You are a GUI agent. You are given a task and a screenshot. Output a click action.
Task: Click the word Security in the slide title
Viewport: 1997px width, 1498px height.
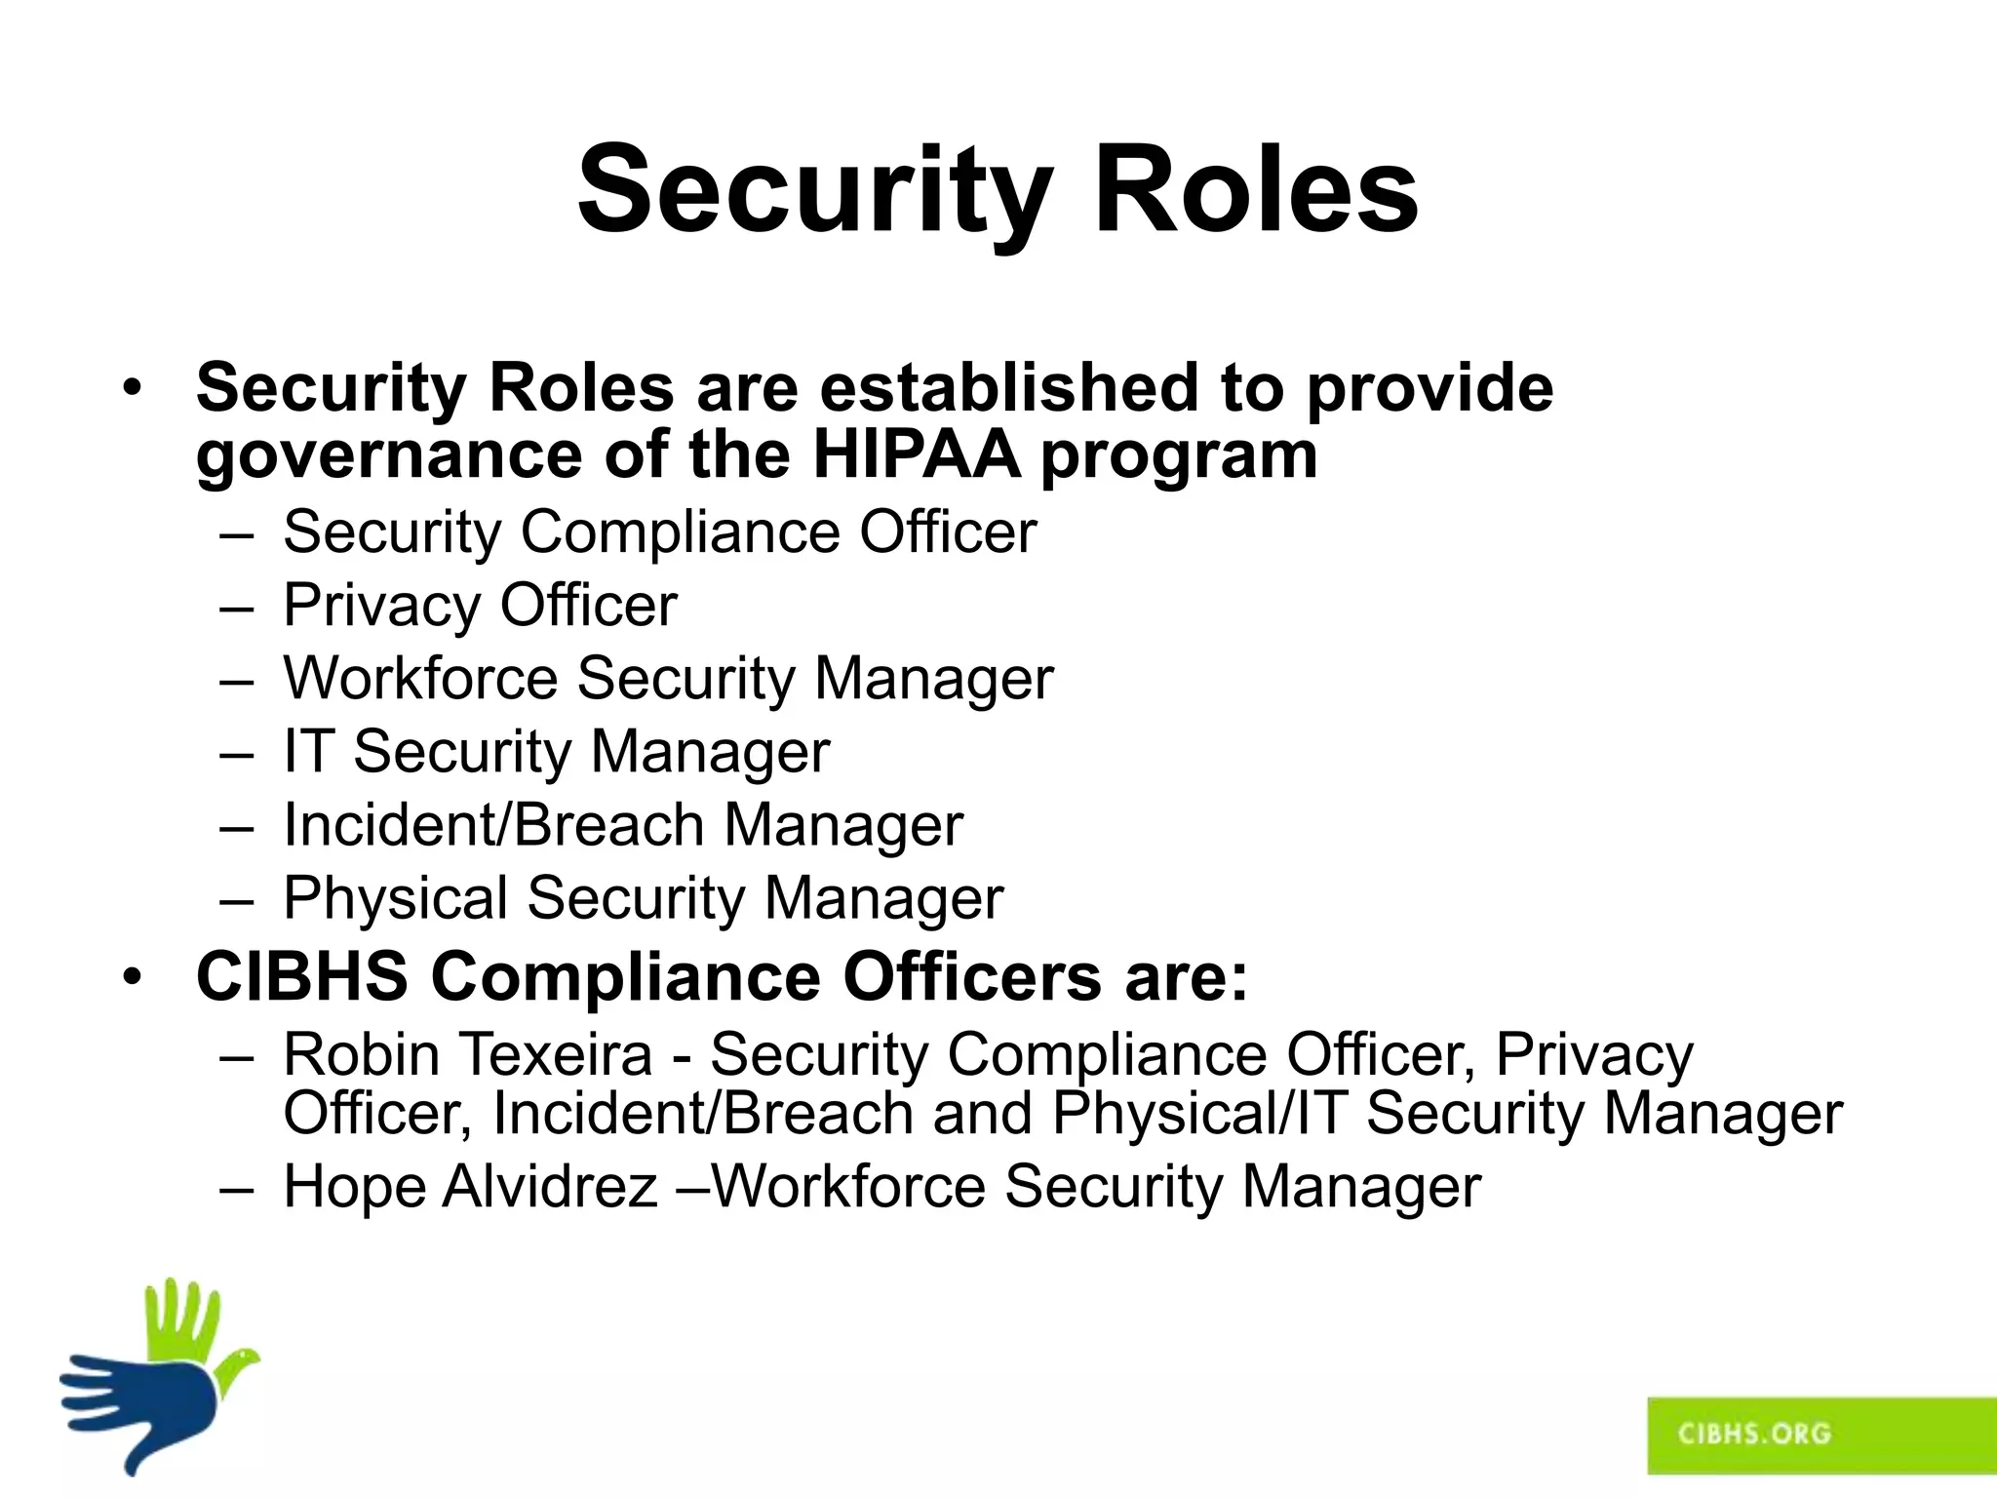tap(815, 191)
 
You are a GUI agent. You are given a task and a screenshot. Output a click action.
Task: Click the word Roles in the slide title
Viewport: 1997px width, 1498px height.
tap(1256, 191)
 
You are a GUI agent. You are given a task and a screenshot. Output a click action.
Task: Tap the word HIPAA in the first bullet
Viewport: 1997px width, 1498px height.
tap(916, 454)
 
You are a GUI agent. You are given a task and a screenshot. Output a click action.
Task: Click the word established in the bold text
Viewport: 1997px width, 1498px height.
tap(1008, 387)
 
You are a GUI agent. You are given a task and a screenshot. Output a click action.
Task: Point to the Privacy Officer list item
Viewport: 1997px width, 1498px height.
tap(480, 606)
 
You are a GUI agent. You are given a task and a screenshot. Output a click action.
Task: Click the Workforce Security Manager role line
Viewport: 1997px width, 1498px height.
tap(668, 679)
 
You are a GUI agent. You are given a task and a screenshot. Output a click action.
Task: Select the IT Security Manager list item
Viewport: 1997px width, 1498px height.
tap(556, 752)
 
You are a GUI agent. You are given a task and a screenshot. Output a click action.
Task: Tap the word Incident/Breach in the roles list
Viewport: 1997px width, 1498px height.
tap(493, 825)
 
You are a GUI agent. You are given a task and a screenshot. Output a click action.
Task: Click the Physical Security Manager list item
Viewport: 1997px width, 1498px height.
tap(643, 898)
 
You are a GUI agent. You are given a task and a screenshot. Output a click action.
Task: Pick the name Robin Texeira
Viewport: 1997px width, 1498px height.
tap(468, 1054)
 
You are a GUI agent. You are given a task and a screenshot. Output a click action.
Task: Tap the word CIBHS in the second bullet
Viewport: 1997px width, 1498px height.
tap(302, 976)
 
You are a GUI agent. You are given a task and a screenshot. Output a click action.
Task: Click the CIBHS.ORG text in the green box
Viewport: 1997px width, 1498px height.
tap(1754, 1433)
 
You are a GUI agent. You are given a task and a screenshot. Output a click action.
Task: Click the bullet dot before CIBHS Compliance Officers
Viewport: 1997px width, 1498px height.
tap(133, 976)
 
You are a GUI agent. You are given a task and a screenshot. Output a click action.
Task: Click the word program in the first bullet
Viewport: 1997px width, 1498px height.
tap(1179, 456)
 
